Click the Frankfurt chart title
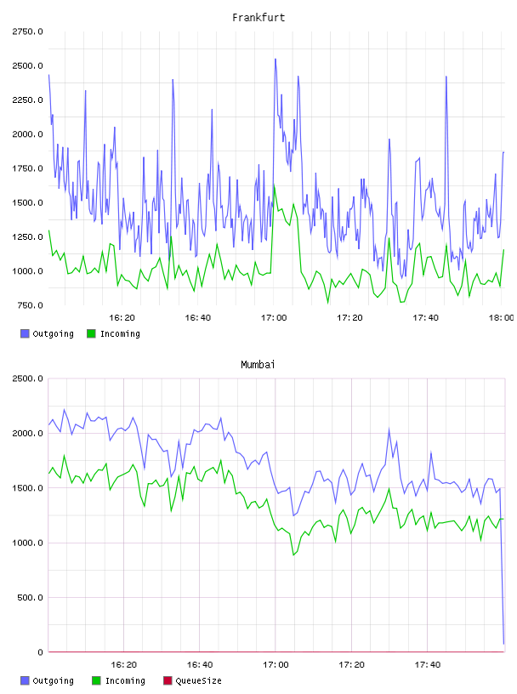click(258, 17)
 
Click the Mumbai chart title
click(258, 364)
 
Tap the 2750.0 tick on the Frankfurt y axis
click(27, 31)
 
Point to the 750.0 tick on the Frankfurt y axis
click(30, 305)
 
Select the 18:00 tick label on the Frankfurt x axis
click(501, 317)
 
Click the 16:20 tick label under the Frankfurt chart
click(122, 317)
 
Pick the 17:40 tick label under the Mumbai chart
click(428, 664)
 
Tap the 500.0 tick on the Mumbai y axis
click(30, 598)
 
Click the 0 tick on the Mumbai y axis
click(40, 652)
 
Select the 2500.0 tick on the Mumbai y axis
click(27, 378)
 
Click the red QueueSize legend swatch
click(168, 680)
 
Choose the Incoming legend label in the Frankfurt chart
click(120, 333)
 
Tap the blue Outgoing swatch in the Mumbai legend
click(25, 680)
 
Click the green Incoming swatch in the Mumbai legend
click(96, 680)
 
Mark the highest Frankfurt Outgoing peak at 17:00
click(276, 59)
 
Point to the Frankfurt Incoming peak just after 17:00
click(275, 185)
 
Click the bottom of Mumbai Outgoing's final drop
click(503, 644)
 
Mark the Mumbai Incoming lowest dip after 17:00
click(293, 555)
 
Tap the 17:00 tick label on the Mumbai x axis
click(276, 664)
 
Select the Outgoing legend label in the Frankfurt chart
click(53, 333)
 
